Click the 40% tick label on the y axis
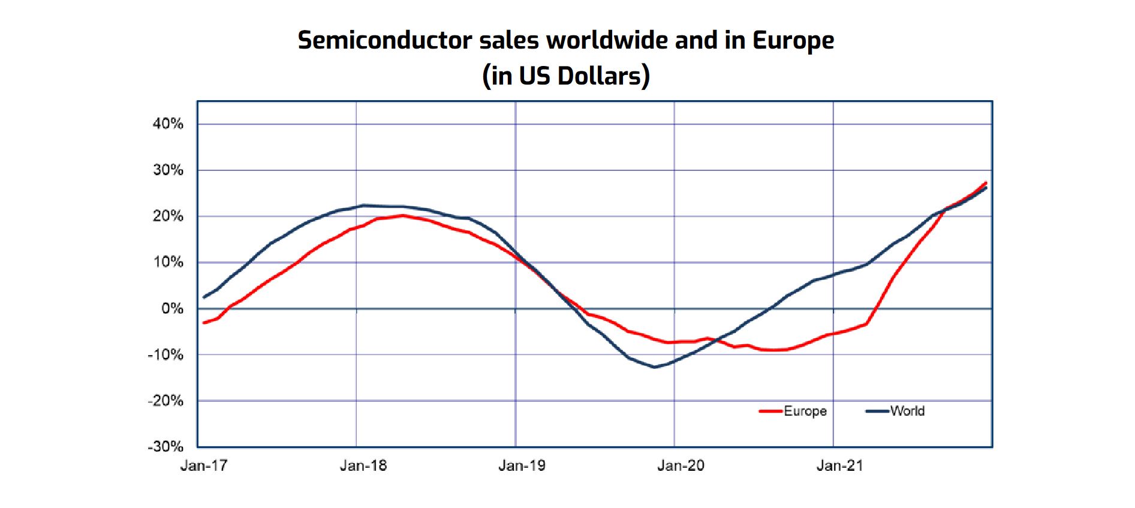pos(168,124)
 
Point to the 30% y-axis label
pos(168,170)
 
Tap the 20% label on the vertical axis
pos(168,216)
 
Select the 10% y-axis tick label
pos(168,262)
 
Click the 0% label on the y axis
pos(172,308)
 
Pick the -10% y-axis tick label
pos(165,354)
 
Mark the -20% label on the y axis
pos(165,401)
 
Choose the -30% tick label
pos(165,446)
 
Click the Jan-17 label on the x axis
pos(204,465)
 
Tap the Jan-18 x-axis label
pos(363,465)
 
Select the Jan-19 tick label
pos(522,465)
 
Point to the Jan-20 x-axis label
pos(681,465)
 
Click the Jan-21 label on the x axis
pos(840,465)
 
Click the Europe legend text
pos(805,411)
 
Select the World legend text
pos(907,411)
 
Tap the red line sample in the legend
pos(771,411)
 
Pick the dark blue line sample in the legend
pos(878,411)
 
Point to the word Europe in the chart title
pos(793,40)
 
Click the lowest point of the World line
pos(654,367)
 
